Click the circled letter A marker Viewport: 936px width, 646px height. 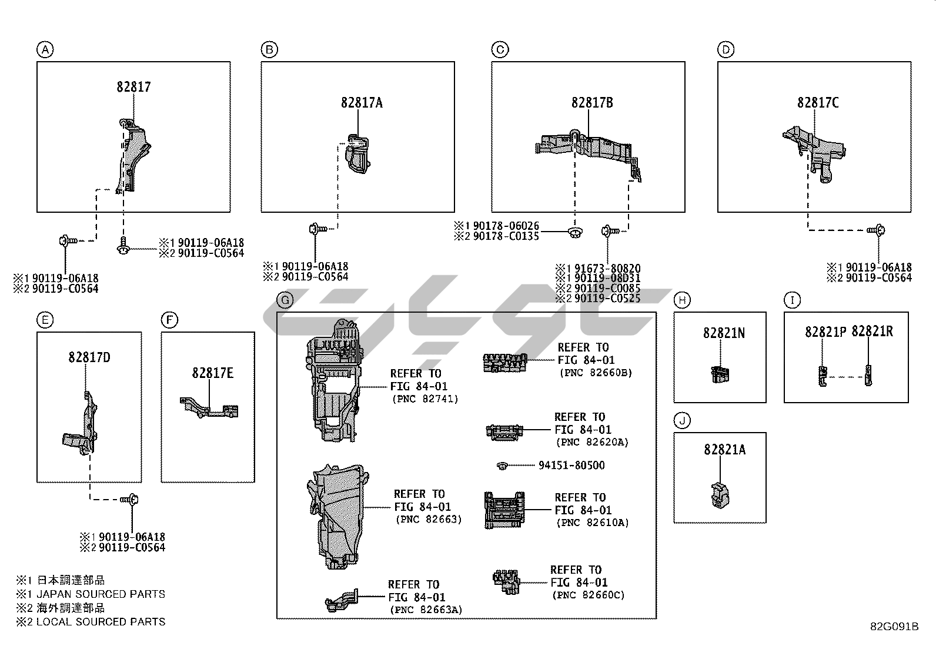pyautogui.click(x=45, y=50)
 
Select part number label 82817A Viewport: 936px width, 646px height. pyautogui.click(x=362, y=103)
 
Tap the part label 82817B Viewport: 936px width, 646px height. pyautogui.click(x=592, y=103)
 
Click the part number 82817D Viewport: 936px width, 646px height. pyautogui.click(x=89, y=357)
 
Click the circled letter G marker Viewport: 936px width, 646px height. pyautogui.click(x=285, y=300)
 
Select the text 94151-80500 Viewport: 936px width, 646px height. pyautogui.click(x=571, y=465)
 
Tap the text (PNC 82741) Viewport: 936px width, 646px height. pyautogui.click(x=425, y=399)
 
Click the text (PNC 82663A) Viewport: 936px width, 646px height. pyautogui.click(x=426, y=610)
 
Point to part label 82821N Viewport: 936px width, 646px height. pyautogui.click(x=724, y=333)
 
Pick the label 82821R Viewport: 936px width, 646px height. pyautogui.click(x=873, y=332)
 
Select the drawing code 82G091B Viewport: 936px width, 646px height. pyautogui.click(x=894, y=626)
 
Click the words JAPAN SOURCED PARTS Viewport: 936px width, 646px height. pyautogui.click(x=101, y=594)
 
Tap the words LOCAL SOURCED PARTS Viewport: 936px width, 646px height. pyautogui.click(x=101, y=621)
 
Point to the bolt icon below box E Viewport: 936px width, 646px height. pyautogui.click(x=130, y=500)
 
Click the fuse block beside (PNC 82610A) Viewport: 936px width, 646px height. pyautogui.click(x=504, y=510)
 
